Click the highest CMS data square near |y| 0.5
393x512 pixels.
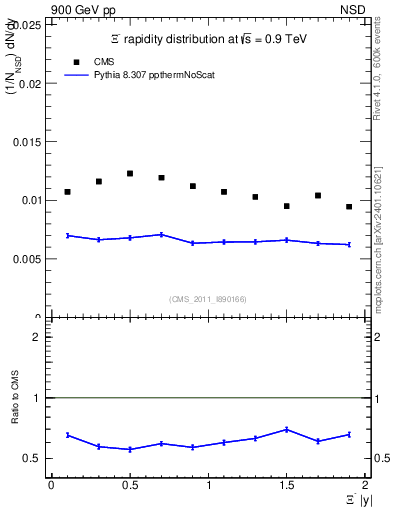130,173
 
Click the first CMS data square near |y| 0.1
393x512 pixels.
67,192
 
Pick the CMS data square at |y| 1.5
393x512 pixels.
287,206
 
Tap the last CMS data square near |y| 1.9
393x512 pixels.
349,207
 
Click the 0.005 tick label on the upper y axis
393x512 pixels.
30,258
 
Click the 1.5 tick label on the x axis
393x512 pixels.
286,485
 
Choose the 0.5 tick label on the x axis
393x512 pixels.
130,485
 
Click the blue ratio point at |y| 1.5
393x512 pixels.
287,429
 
